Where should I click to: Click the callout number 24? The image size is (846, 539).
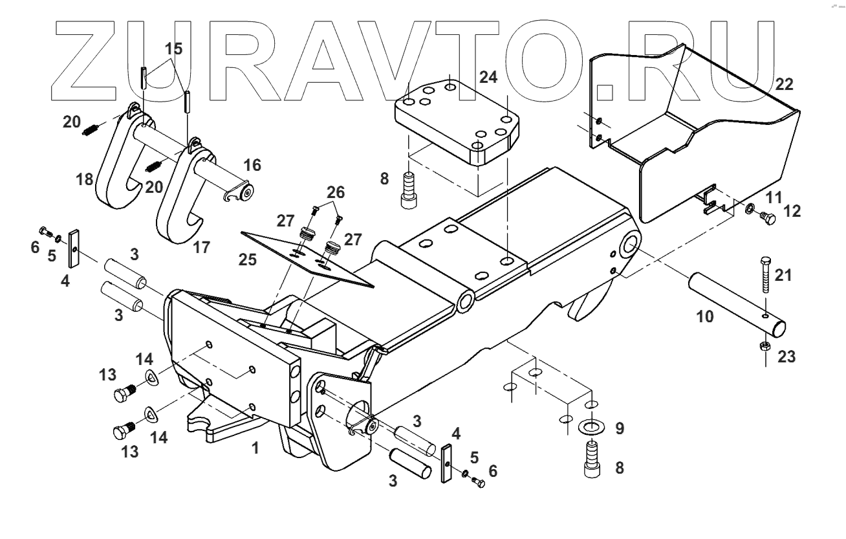coord(489,78)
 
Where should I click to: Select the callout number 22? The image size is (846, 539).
coord(784,84)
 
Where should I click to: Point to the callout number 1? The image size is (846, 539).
coord(255,446)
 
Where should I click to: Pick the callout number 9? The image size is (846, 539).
coord(620,428)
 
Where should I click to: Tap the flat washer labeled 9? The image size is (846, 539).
coord(589,427)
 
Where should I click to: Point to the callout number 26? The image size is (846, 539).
coord(336,193)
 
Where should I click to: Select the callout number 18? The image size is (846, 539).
coord(85,179)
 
